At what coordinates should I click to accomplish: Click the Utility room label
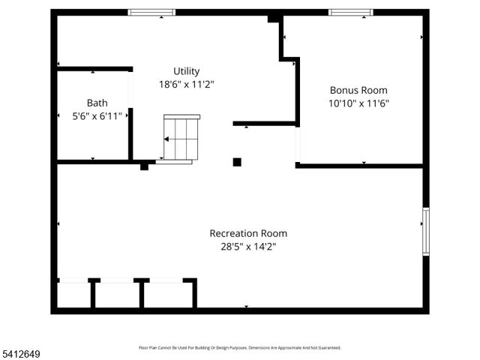point(186,71)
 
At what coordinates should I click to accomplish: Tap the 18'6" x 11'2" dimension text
point(186,85)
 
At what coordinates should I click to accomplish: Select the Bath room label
point(97,103)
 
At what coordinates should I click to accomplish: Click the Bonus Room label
point(358,90)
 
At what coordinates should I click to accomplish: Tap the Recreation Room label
point(247,233)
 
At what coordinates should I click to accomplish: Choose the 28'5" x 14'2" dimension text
point(247,246)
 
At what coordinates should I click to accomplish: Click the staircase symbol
point(182,138)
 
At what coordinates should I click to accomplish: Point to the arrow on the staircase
point(166,139)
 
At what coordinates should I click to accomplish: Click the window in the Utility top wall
point(151,12)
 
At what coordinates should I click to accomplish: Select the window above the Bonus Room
point(351,12)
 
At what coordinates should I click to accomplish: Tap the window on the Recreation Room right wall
point(425,232)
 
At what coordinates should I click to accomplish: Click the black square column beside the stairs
point(237,161)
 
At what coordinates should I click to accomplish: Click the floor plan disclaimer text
point(240,347)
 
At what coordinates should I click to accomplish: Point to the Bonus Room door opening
point(298,145)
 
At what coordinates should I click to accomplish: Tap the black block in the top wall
point(274,16)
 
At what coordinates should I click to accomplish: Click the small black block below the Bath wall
point(144,166)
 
